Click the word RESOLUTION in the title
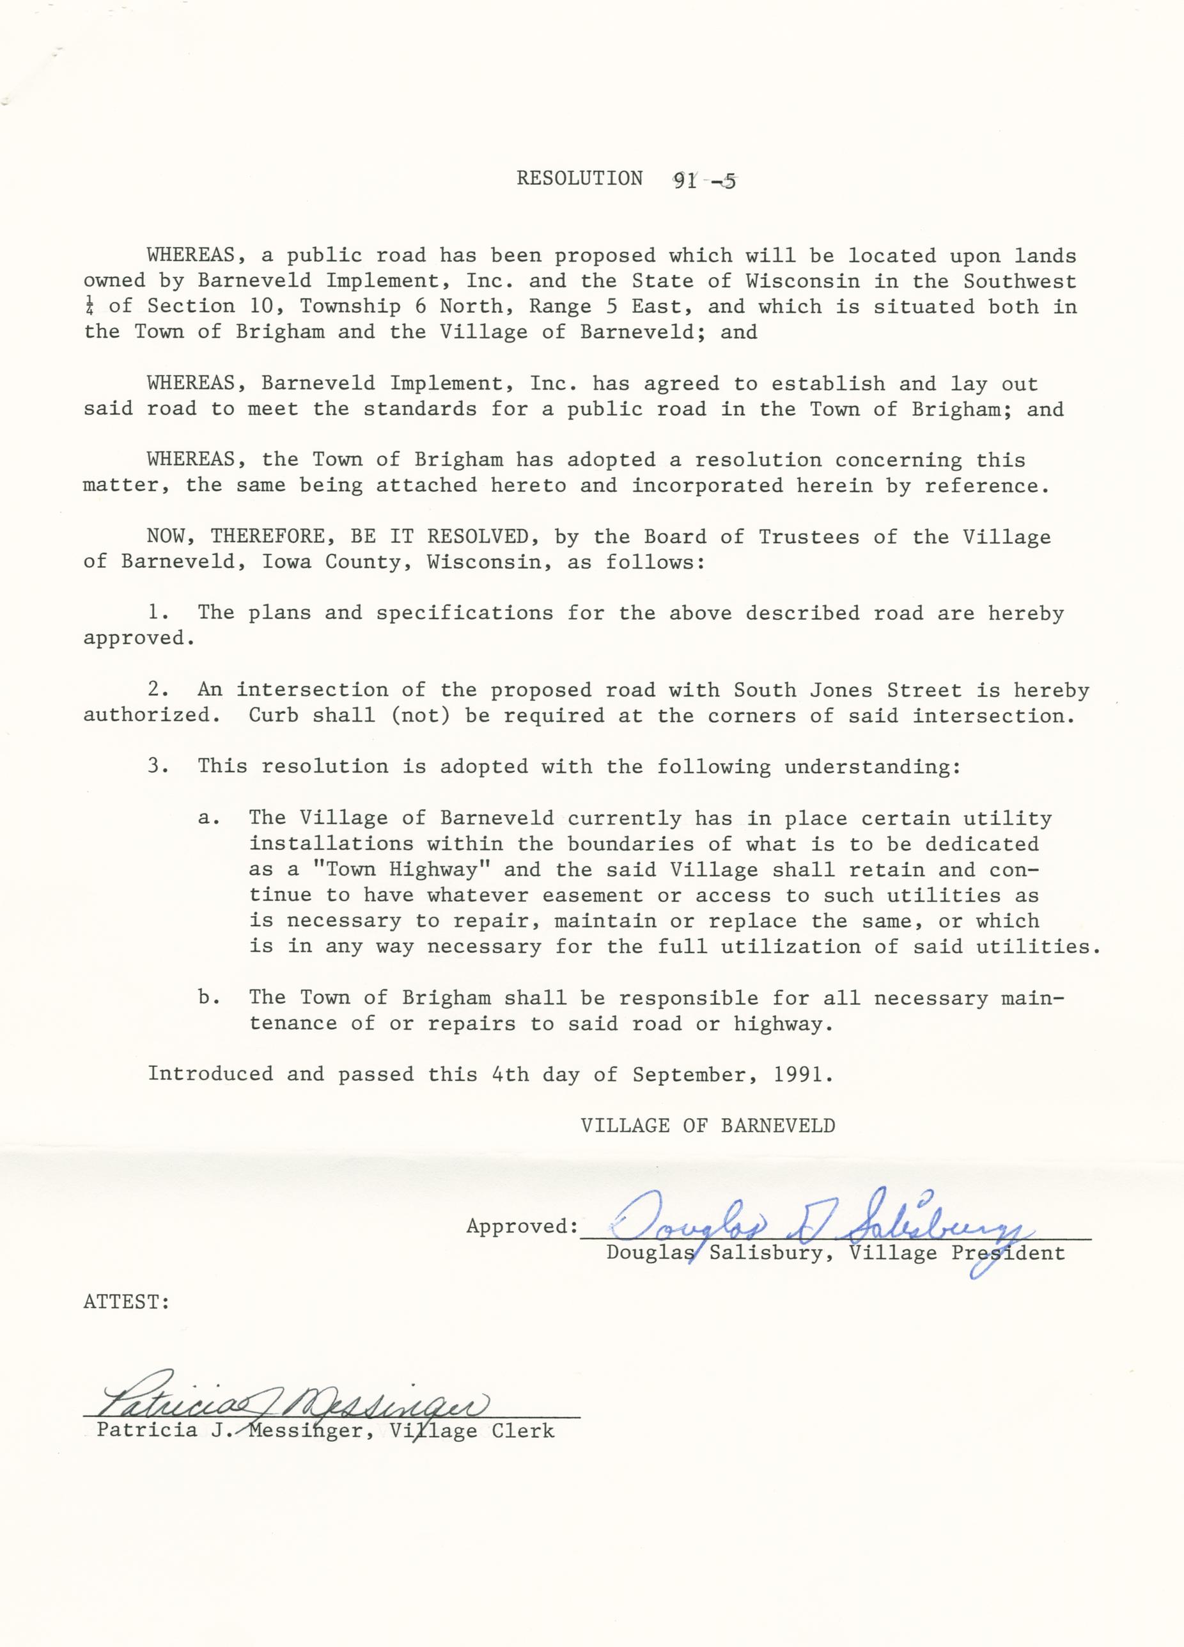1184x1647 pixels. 579,178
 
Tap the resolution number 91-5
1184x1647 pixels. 703,181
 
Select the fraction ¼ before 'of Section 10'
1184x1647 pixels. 89,307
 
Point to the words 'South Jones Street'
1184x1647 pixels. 847,690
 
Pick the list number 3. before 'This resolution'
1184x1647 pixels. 159,766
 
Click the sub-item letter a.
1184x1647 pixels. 209,819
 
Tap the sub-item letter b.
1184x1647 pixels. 209,998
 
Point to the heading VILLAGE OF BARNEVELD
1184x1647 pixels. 708,1126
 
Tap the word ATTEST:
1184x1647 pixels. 127,1302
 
